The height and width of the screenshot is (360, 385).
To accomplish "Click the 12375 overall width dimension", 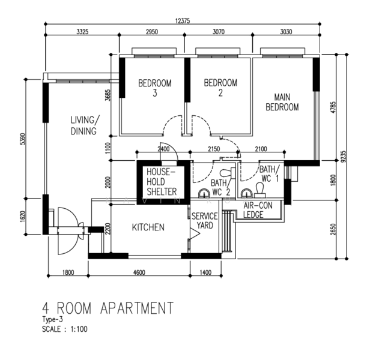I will [183, 20].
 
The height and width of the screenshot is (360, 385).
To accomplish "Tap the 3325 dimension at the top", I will [82, 32].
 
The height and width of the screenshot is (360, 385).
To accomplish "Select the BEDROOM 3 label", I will [154, 88].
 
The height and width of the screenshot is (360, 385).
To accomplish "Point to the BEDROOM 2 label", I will [220, 88].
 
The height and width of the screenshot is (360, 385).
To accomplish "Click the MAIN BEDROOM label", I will [282, 102].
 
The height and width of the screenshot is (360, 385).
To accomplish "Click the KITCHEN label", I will [148, 227].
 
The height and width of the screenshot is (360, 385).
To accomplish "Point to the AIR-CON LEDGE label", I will [257, 209].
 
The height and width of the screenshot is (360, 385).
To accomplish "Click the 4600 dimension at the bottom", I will [139, 273].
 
